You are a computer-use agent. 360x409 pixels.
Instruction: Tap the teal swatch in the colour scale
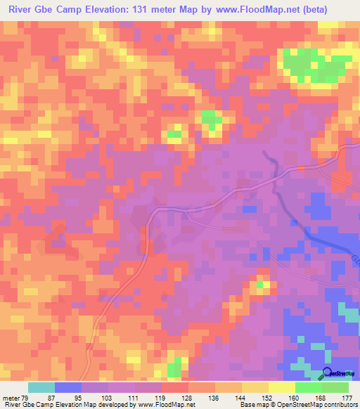(x=41, y=387)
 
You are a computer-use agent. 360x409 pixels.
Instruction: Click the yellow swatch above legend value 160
(x=282, y=387)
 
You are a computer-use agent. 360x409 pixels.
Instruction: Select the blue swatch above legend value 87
(x=68, y=387)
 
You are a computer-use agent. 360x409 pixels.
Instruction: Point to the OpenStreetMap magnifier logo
(x=328, y=374)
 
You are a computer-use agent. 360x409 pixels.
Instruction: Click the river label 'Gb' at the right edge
(x=355, y=261)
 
